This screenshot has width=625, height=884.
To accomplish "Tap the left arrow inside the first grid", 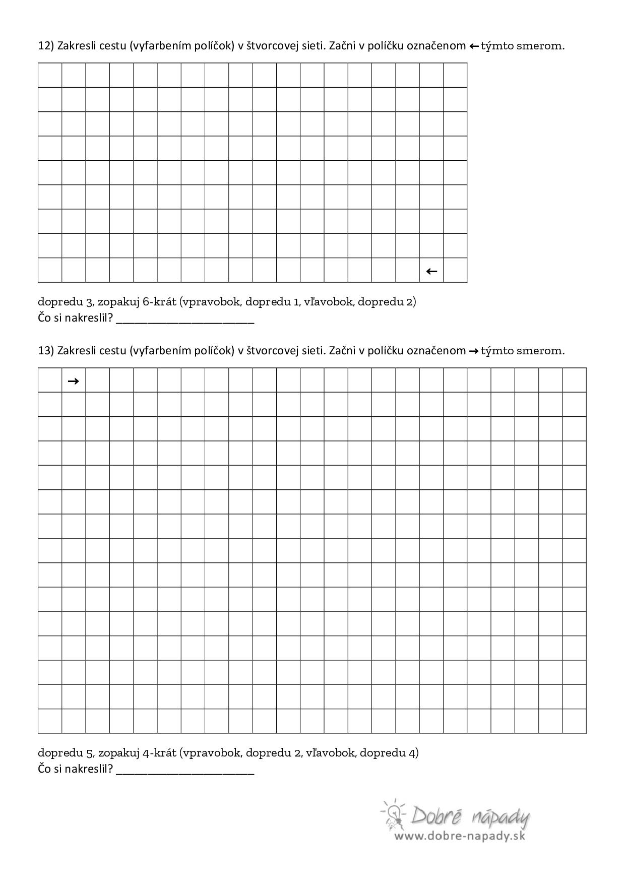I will pos(431,271).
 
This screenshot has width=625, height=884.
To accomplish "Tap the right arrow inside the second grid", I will pos(73,381).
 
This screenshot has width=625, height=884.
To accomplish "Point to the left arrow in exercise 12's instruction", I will pos(474,46).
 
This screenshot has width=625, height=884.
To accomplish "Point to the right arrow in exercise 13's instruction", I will pos(474,351).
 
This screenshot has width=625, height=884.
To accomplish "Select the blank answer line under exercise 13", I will pos(185,771).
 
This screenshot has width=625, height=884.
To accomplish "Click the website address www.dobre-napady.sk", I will pos(459,836).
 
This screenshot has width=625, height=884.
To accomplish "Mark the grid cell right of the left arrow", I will pos(455,271).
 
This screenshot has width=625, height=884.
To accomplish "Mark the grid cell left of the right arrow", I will pos(50,381).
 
